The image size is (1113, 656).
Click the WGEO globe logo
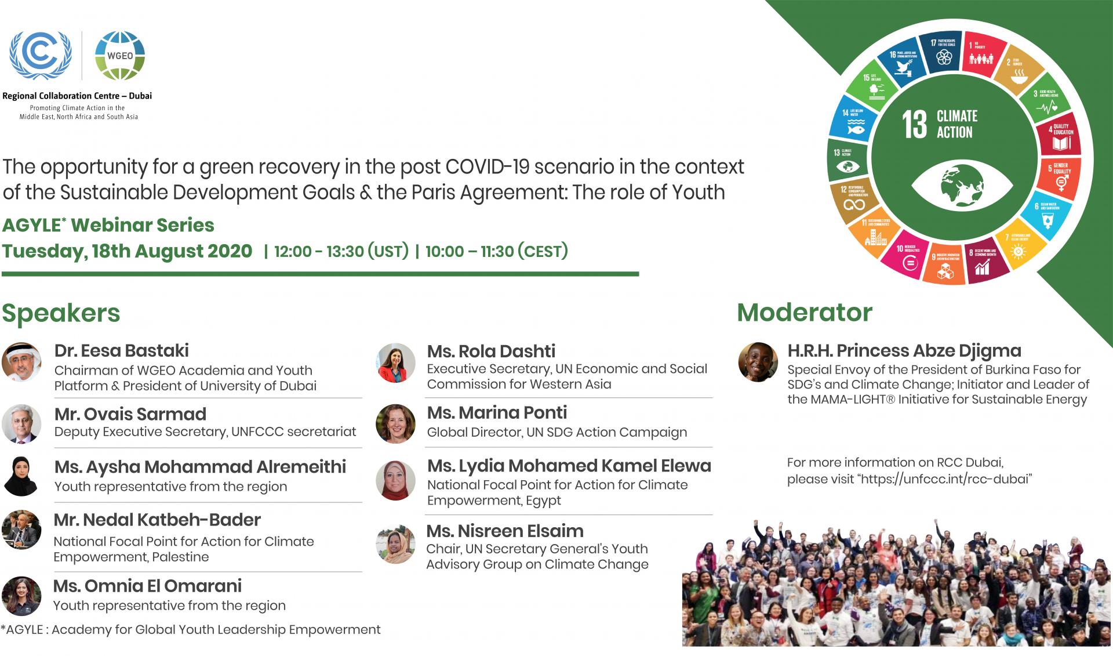point(119,56)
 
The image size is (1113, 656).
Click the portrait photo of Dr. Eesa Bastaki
point(21,362)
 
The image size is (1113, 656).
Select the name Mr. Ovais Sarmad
point(130,414)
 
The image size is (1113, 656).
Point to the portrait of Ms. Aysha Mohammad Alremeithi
point(21,476)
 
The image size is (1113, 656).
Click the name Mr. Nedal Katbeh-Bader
point(157,520)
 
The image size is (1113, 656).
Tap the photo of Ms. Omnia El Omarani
point(21,596)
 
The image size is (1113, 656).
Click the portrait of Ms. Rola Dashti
point(396,363)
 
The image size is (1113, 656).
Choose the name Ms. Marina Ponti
point(497,412)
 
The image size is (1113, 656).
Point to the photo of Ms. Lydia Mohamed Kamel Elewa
point(396,481)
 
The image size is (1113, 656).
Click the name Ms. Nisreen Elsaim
point(504,531)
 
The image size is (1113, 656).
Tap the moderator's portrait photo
point(758,362)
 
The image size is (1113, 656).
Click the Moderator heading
point(804,313)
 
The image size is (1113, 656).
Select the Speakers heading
point(61,313)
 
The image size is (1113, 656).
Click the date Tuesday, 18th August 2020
point(127,251)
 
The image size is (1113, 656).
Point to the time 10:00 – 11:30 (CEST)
point(496,252)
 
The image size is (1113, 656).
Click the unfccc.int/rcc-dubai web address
point(945,479)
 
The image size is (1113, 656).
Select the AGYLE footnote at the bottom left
point(191,629)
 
